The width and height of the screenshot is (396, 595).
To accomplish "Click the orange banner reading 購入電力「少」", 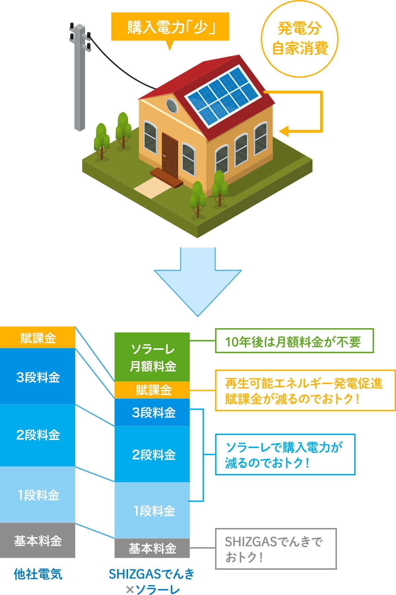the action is click(x=170, y=27).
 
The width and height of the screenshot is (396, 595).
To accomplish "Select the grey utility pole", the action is click(x=80, y=78).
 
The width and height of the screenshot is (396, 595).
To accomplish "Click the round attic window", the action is click(x=172, y=106).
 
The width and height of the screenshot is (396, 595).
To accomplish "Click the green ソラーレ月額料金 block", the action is click(x=152, y=357).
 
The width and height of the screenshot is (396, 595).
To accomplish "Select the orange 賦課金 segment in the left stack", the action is click(x=38, y=337).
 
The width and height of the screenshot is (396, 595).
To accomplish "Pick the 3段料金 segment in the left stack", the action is click(x=38, y=376).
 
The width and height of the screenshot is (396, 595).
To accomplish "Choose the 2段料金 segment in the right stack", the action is click(x=152, y=454).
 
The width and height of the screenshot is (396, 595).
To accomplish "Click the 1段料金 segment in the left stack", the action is click(x=38, y=494).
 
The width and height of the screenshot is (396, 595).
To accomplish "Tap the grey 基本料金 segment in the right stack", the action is click(x=152, y=548).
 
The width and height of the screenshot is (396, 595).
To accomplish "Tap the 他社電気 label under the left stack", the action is click(x=38, y=574).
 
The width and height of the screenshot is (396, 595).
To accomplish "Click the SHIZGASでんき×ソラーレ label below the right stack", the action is click(x=152, y=581).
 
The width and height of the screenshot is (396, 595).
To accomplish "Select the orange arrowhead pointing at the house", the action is click(x=284, y=131).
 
